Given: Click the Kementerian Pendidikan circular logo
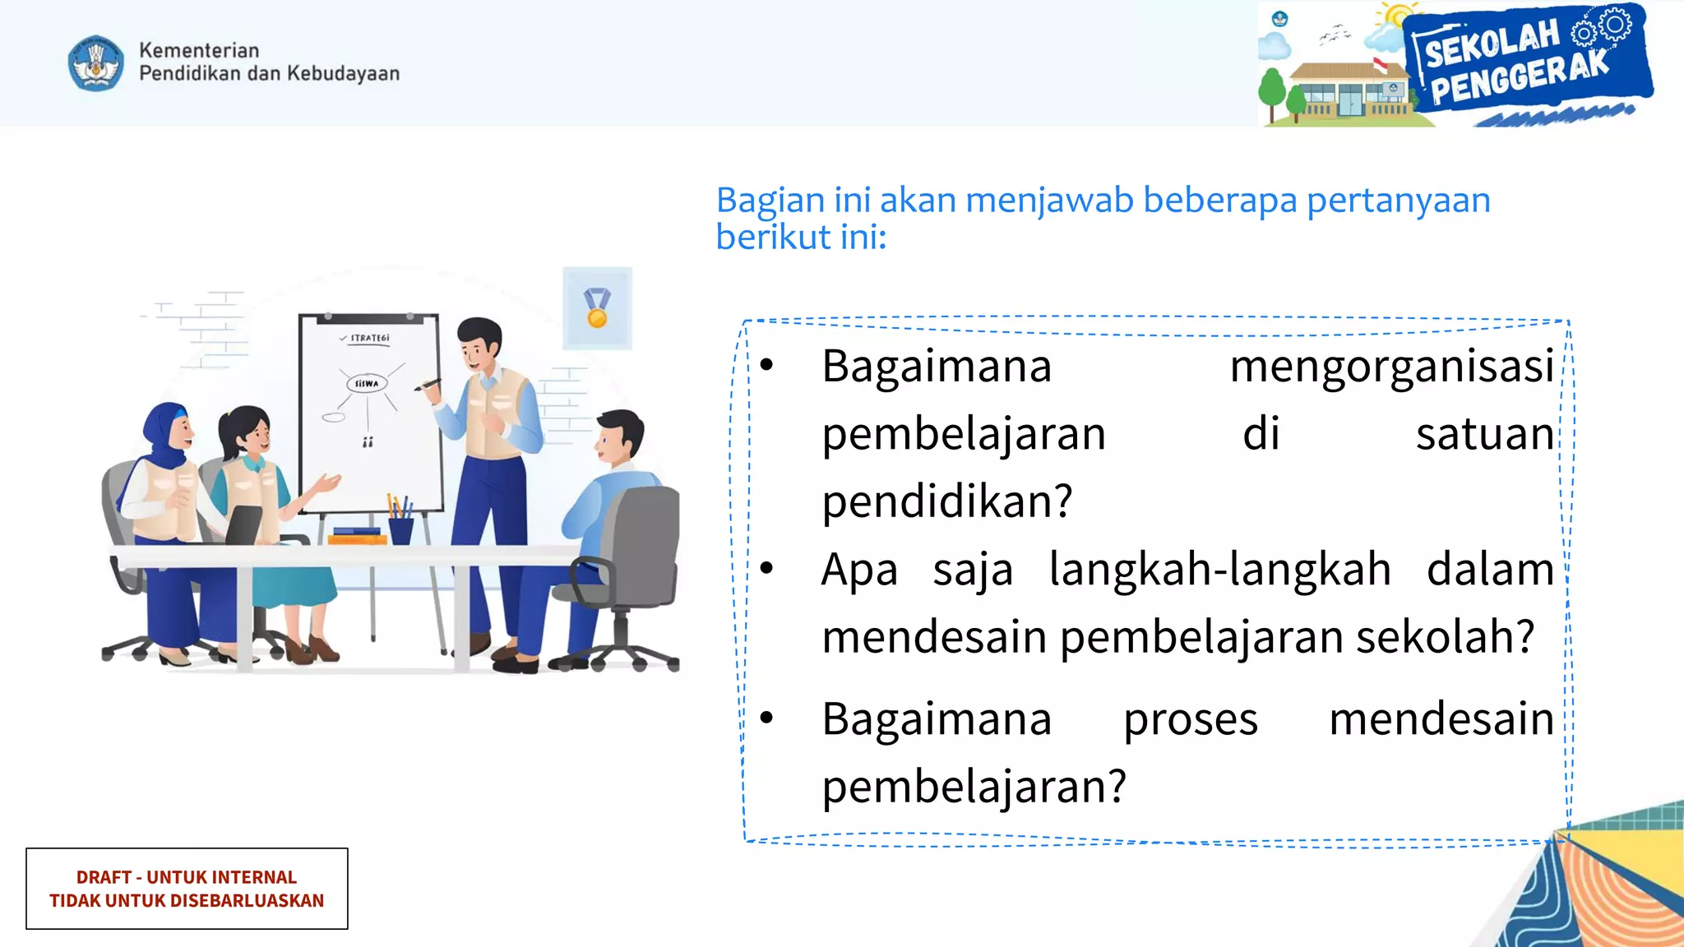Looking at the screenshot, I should tap(96, 62).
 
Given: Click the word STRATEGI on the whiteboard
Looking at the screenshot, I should tap(369, 338).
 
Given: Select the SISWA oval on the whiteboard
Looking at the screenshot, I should tap(366, 383).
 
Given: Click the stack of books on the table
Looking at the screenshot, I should tap(357, 536).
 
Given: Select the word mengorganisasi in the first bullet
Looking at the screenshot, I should tap(1391, 367).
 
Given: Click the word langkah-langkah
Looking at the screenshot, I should tap(1219, 570).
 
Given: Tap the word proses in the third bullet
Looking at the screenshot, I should tap(1190, 719).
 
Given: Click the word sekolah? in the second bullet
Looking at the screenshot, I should tap(1445, 637).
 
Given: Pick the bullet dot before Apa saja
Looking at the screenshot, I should tap(767, 568).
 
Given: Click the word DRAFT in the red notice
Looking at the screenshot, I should tap(104, 877).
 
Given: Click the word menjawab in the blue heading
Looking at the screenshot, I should tap(1050, 201).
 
